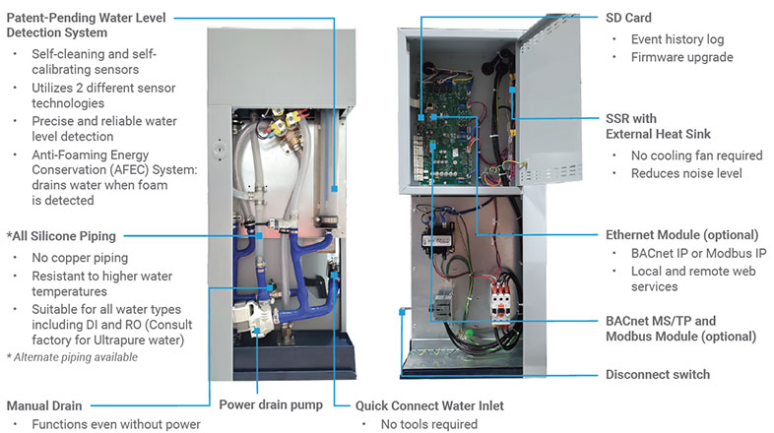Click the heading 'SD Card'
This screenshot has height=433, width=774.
tap(628, 18)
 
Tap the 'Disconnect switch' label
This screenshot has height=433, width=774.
tap(657, 374)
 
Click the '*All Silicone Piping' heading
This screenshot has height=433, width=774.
tap(61, 236)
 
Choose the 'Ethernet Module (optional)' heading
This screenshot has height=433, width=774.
tap(680, 235)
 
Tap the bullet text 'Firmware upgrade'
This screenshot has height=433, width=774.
tap(680, 57)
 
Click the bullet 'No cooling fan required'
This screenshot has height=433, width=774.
tap(697, 155)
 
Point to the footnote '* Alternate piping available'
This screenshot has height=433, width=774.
tap(72, 356)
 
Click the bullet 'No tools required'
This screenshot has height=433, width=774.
tap(428, 424)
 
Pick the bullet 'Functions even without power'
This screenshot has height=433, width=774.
tap(116, 424)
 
